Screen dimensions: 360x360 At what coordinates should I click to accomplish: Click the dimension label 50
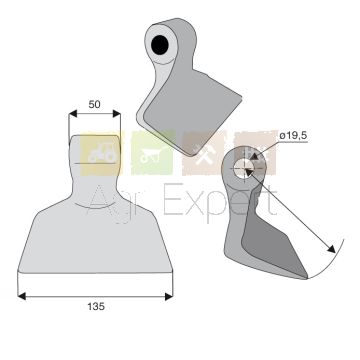click(94, 104)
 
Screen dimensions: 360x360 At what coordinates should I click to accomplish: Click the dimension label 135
click(96, 306)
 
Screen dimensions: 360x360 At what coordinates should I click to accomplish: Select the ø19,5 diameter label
click(293, 136)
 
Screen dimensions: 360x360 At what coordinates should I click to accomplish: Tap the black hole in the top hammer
click(160, 45)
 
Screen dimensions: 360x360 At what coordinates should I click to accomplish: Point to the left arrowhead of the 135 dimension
click(22, 296)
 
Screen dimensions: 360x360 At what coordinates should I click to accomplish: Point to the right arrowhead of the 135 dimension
click(169, 296)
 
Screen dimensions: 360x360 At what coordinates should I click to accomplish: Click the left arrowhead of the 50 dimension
click(73, 114)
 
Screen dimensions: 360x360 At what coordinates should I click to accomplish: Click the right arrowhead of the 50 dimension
click(116, 114)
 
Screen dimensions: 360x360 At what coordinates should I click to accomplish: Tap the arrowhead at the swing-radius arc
click(331, 249)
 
